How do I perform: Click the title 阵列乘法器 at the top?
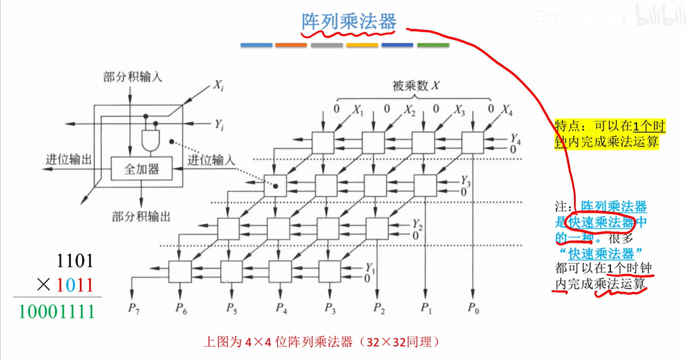click(348, 21)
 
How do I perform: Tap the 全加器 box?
click(142, 169)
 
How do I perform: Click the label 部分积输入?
click(132, 77)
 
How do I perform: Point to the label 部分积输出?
click(141, 217)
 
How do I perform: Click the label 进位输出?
click(68, 160)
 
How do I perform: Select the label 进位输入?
click(211, 160)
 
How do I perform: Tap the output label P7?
click(134, 308)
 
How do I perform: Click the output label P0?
click(473, 308)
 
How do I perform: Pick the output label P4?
click(281, 308)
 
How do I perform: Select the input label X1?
click(358, 110)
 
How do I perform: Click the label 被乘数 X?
click(415, 86)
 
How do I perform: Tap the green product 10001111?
click(57, 312)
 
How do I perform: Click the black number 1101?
click(75, 261)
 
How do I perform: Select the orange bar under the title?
click(291, 45)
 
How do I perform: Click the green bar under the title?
click(433, 45)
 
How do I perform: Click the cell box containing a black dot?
click(275, 186)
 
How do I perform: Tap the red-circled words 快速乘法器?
click(600, 222)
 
